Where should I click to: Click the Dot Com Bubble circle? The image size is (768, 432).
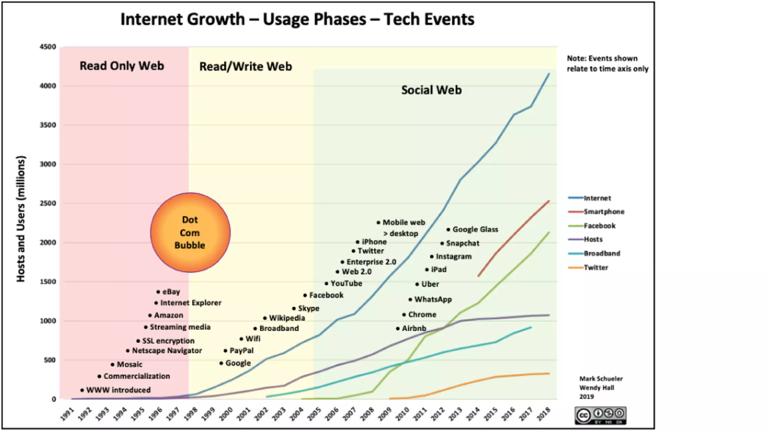tap(190, 232)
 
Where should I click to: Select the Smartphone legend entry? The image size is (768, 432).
tap(603, 211)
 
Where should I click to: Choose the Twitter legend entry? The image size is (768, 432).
tap(595, 267)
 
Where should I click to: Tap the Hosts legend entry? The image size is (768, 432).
tap(593, 239)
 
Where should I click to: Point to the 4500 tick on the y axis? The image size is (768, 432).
tap(48, 47)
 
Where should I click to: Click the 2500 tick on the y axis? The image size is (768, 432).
tap(48, 203)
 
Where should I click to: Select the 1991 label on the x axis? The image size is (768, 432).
tap(67, 414)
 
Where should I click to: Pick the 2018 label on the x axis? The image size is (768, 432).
tap(544, 414)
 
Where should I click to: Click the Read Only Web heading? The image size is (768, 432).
tap(122, 66)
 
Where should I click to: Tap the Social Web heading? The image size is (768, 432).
tap(431, 90)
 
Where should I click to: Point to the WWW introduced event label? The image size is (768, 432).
tap(118, 390)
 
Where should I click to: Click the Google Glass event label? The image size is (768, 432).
tap(475, 229)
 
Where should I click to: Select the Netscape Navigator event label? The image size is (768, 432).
tap(167, 351)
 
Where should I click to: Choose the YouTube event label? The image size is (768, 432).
tap(346, 283)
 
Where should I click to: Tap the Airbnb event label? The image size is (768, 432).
tap(414, 328)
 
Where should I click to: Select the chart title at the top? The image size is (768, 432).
tap(297, 19)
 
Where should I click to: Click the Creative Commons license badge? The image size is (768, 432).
tap(600, 415)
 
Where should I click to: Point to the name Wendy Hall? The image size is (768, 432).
tap(596, 388)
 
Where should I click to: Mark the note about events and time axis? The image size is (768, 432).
tap(607, 63)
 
